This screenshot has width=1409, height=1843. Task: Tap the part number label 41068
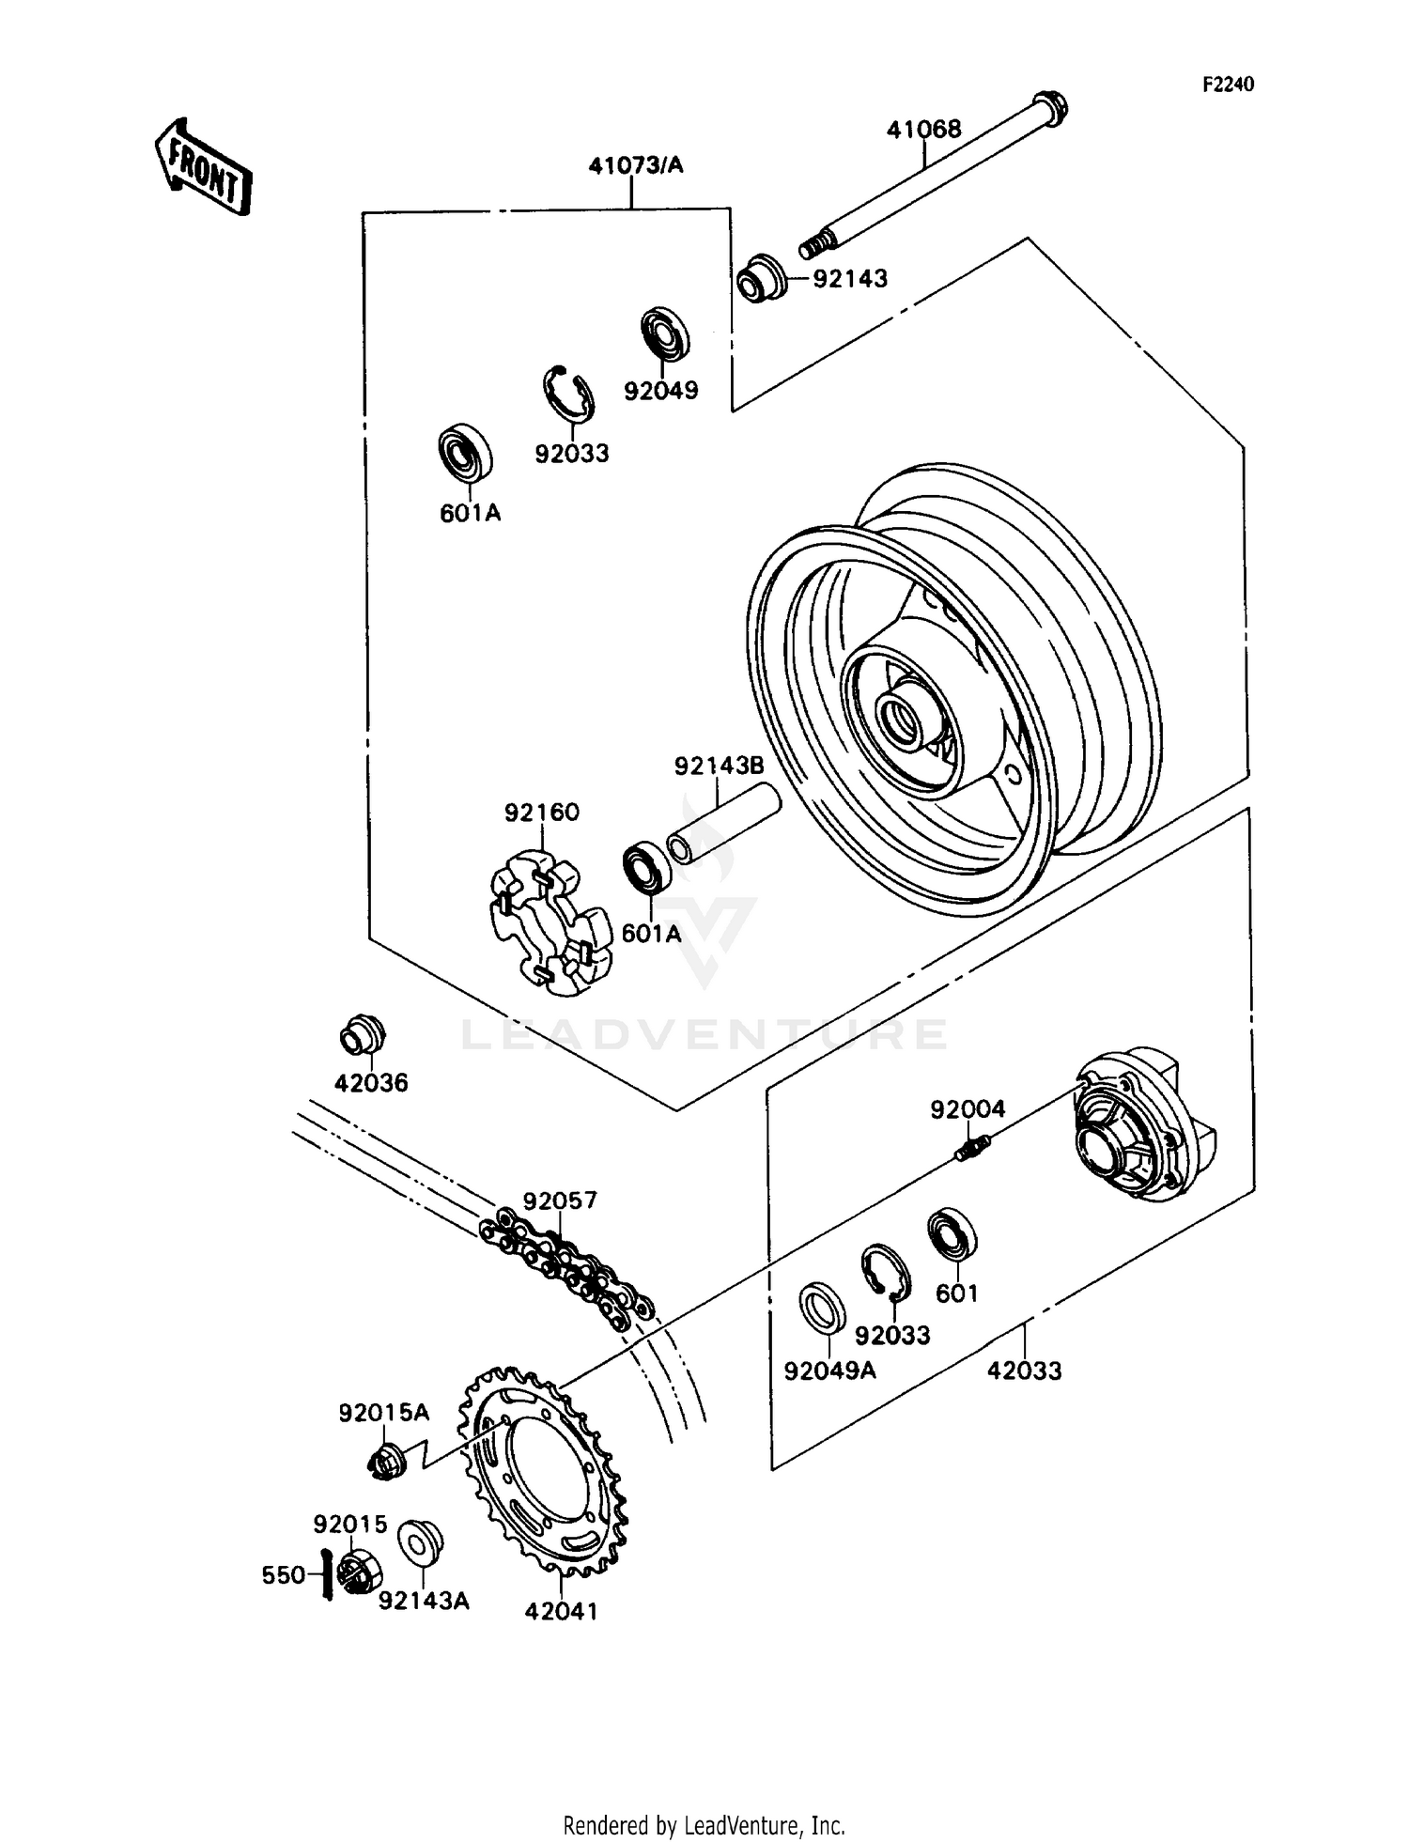click(x=924, y=130)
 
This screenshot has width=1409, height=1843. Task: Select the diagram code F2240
click(x=1228, y=85)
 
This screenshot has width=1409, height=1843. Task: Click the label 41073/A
click(x=636, y=166)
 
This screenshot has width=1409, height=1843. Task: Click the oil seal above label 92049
click(x=664, y=333)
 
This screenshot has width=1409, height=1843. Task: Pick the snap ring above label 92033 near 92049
click(x=569, y=393)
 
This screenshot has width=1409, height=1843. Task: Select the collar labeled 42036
click(x=362, y=1035)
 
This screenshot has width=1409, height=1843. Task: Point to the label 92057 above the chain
click(x=560, y=1201)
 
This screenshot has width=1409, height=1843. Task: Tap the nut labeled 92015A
click(x=384, y=1460)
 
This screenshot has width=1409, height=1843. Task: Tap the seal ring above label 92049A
click(x=822, y=1307)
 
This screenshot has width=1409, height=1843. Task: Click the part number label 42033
click(x=1024, y=1371)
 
